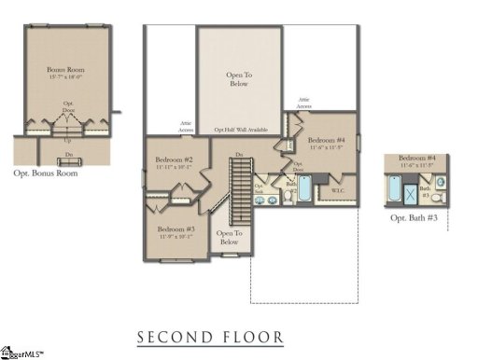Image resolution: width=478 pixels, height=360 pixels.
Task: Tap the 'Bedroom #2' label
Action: (174, 159)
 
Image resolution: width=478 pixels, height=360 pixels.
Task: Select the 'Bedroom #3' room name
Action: (176, 228)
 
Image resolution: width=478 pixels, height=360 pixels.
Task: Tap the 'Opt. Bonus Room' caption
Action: (46, 173)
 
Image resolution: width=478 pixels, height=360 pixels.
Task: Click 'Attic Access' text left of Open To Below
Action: (186, 128)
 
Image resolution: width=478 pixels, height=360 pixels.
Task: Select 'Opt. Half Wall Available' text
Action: (240, 130)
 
